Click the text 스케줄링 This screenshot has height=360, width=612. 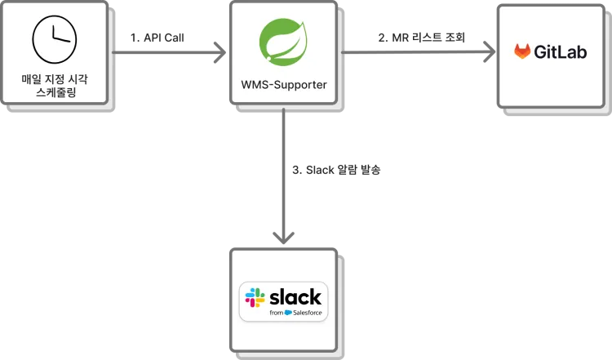point(55,95)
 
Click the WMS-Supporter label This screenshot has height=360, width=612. point(283,84)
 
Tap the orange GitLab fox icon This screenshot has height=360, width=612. point(522,52)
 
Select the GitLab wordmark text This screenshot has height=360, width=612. point(560,52)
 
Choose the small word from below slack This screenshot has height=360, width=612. point(276,313)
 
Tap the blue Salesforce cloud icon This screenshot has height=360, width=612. point(288,313)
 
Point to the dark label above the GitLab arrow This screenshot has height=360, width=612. point(415,37)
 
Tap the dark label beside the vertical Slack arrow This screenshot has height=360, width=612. point(336,170)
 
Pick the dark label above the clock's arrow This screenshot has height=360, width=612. point(160,37)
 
